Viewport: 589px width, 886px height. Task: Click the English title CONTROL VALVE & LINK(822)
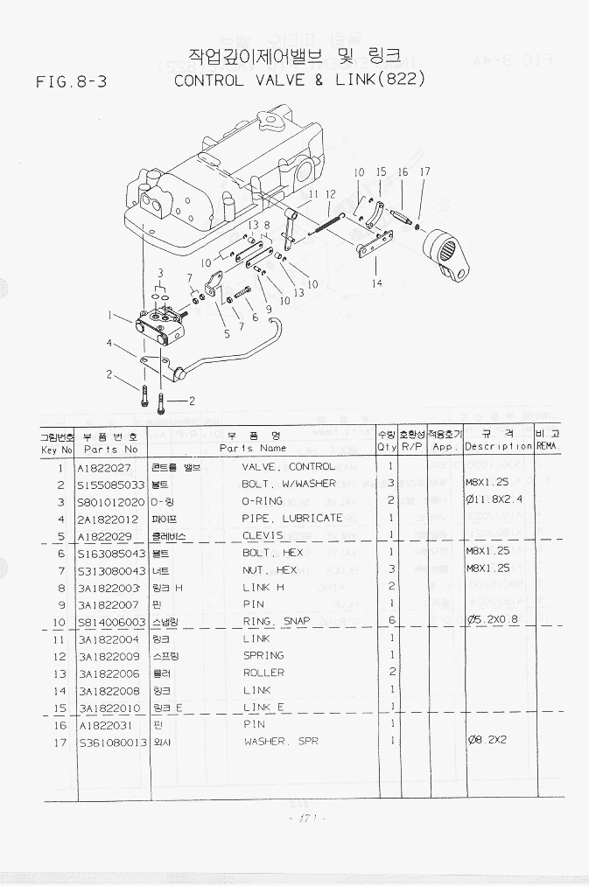tap(300, 80)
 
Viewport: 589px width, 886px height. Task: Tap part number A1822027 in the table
tap(104, 467)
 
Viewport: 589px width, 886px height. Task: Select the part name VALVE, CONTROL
tap(288, 467)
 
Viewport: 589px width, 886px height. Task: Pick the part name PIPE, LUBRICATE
tap(291, 518)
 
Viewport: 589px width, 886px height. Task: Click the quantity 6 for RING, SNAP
tap(389, 622)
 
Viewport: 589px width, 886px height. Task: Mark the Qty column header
tap(386, 446)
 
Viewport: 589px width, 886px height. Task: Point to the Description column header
tap(498, 446)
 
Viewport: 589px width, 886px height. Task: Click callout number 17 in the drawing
tap(424, 172)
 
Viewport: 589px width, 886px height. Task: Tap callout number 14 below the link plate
tap(377, 283)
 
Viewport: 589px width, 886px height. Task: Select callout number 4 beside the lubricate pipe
tap(109, 344)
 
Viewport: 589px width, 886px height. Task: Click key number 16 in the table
tap(60, 725)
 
